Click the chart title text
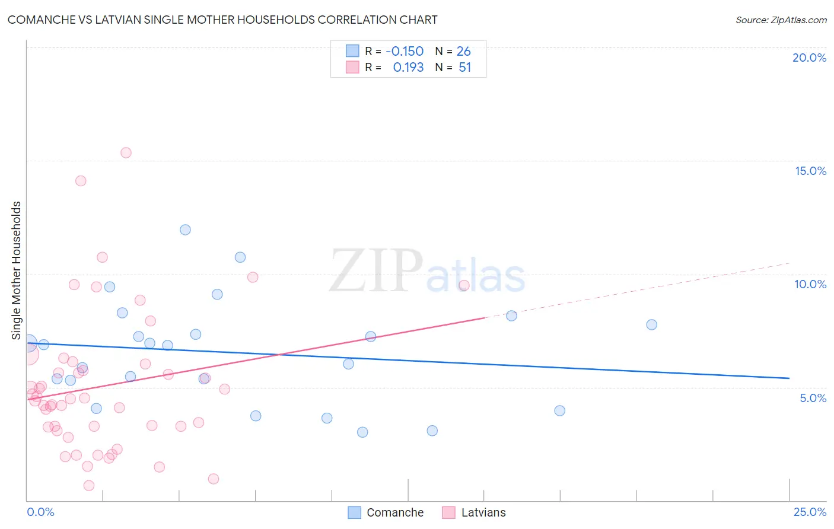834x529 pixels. point(222,20)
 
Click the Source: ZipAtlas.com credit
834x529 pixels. point(781,20)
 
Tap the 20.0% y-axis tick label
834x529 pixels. point(809,58)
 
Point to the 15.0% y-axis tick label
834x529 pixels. point(810,171)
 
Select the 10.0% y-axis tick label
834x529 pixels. point(810,284)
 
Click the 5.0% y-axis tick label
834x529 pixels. point(813,398)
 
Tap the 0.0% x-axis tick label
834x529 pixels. point(40,512)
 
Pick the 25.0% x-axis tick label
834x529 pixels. point(810,512)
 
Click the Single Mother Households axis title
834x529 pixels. point(17,270)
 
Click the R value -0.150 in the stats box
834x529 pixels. point(405,52)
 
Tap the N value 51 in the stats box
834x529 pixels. point(464,68)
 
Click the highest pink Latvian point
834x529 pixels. point(126,152)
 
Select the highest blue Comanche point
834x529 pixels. point(185,230)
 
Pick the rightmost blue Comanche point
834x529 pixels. point(651,324)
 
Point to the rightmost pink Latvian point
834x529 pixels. point(464,285)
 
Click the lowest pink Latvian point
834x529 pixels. point(89,485)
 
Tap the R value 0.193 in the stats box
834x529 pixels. point(408,68)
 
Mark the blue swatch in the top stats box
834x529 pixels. point(352,51)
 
